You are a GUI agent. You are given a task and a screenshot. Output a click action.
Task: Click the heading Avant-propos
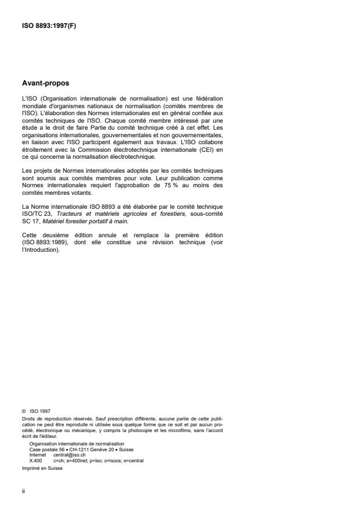tap(46, 83)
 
